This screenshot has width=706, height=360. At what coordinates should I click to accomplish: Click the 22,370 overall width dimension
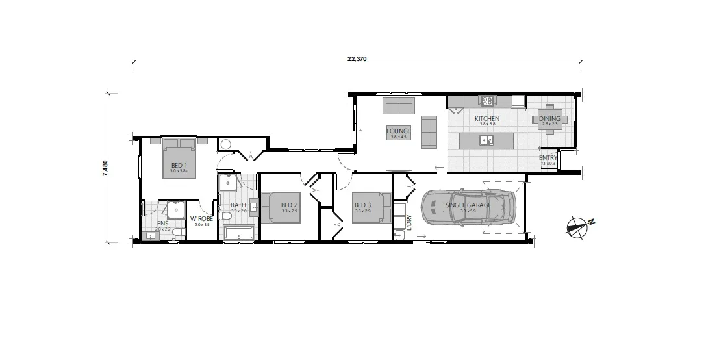point(357,58)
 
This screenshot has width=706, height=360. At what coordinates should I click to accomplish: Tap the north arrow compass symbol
point(577,225)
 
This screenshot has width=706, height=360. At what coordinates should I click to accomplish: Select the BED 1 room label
point(179,165)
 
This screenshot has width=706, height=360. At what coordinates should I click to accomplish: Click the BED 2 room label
point(290,205)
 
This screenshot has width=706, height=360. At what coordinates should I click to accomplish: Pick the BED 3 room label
point(362,205)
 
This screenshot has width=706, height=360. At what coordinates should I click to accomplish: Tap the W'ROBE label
point(201,218)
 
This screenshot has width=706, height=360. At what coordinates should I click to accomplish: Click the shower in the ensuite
point(175,210)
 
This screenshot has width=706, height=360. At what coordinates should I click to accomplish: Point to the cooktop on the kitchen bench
point(487,101)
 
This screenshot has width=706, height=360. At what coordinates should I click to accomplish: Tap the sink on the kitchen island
point(486,140)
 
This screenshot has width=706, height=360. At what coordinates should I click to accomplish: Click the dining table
point(549,119)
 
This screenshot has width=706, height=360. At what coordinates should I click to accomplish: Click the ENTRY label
point(548,158)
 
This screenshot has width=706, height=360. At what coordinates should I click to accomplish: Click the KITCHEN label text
point(486,118)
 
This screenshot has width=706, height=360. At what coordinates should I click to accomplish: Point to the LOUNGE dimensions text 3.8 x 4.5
point(398,136)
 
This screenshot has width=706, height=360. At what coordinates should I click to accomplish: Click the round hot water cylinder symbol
point(226,145)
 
